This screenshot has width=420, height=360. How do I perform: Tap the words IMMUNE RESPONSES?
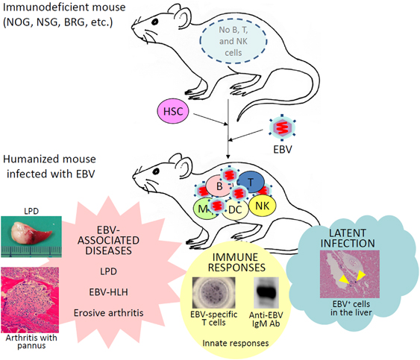coord(237,258)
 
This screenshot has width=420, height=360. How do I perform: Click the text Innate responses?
coord(237,341)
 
